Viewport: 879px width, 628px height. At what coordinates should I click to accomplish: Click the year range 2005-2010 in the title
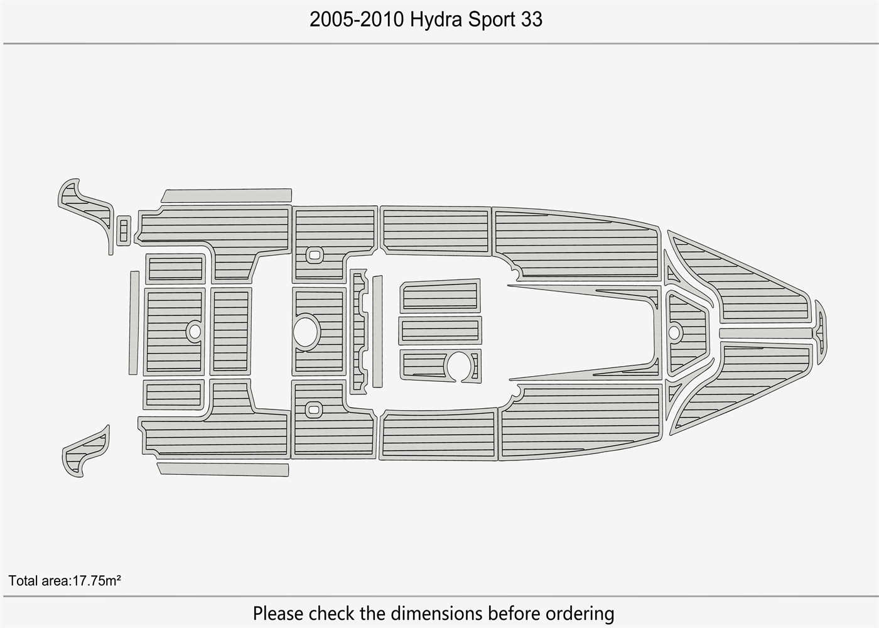pyautogui.click(x=357, y=19)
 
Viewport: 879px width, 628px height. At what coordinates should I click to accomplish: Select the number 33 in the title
pyautogui.click(x=532, y=19)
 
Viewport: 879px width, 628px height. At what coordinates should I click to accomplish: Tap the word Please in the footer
pyautogui.click(x=279, y=613)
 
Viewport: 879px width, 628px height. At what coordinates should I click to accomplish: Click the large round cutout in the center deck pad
pyautogui.click(x=306, y=332)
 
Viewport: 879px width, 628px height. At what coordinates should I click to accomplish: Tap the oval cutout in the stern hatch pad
pyautogui.click(x=195, y=332)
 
